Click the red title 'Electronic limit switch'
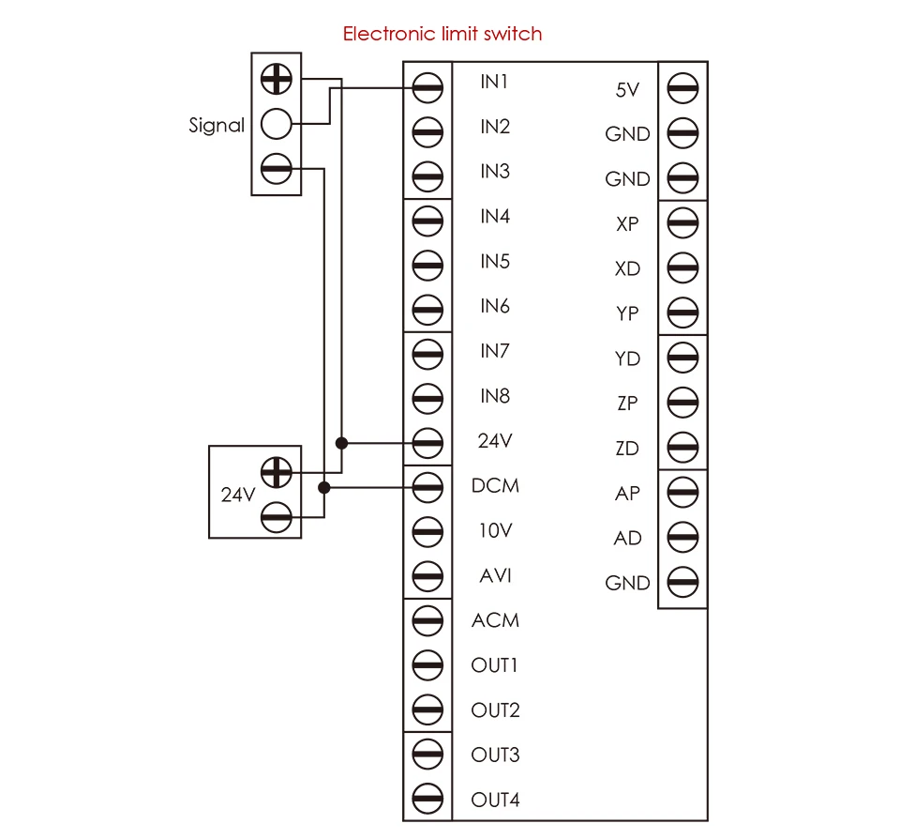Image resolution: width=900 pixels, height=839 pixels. pos(442,34)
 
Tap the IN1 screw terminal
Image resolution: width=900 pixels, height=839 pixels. pos(427,88)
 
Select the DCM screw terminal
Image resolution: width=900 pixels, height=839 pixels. pos(427,487)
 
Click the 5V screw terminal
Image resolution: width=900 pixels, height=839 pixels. pos(683,88)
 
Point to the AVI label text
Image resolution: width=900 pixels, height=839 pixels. pos(495,575)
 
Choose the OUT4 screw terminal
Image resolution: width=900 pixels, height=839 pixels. pos(427,799)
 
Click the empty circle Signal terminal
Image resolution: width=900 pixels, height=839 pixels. pos(276,124)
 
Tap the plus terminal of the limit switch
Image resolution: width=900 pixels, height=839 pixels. pos(276,79)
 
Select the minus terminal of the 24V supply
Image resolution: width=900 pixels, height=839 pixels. pos(276,517)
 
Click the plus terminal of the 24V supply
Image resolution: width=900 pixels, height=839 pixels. pos(276,472)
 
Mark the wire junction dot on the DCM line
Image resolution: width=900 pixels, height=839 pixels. pos(324,487)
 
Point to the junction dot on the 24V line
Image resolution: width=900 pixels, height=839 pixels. pos(341,443)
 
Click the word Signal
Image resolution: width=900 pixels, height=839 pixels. pos(217,125)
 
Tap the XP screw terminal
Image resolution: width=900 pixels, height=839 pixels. pos(683,223)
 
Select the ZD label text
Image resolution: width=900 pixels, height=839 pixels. pos(627,449)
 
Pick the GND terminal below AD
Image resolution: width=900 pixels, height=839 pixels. pos(683,582)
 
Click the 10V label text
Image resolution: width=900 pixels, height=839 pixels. pos(495,530)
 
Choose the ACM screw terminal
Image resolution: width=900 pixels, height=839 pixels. pos(427,620)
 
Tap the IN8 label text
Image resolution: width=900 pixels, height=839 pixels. pos(495,396)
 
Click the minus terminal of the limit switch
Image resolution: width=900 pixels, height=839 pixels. pos(276,169)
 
